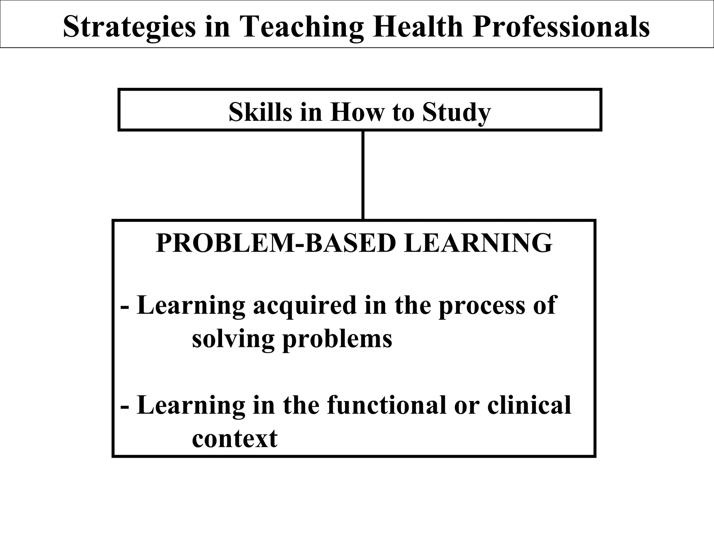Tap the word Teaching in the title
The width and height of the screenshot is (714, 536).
point(302,27)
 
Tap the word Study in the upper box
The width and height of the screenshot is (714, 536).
point(457,113)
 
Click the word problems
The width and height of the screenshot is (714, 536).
point(337,339)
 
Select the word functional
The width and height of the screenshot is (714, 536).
point(387,405)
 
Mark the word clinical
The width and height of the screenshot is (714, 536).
point(529,405)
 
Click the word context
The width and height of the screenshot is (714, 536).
point(235,438)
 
